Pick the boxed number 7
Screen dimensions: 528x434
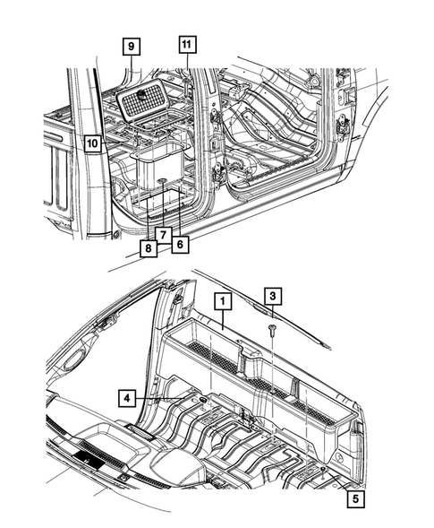[x=163, y=235]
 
